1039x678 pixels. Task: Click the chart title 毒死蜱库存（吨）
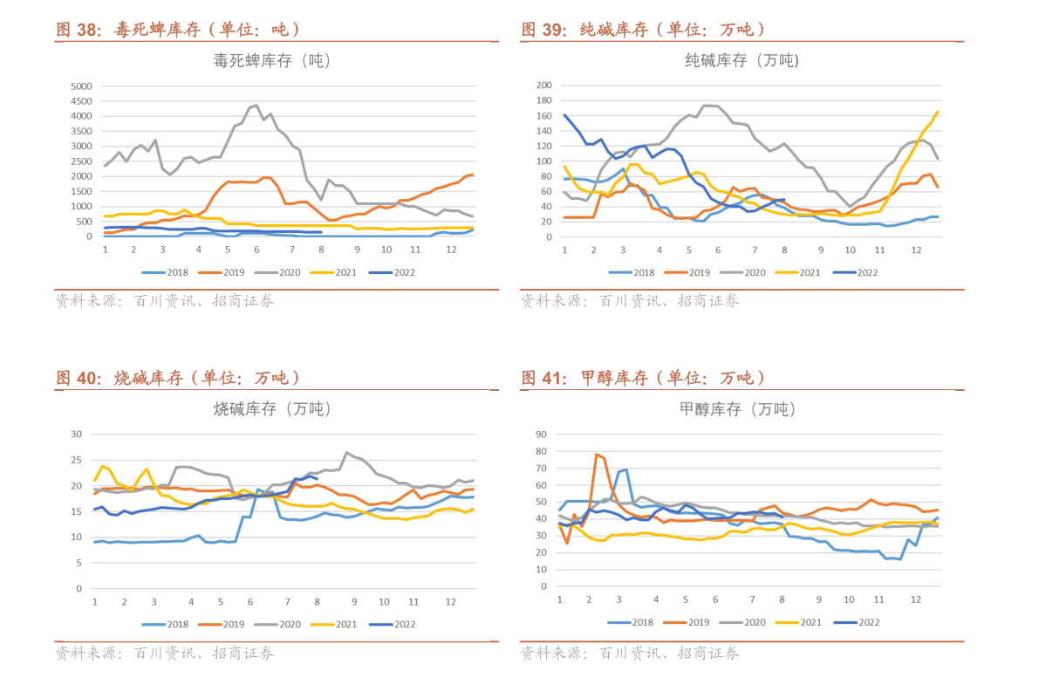pyautogui.click(x=272, y=61)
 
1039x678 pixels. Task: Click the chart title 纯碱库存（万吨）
pyautogui.click(x=742, y=60)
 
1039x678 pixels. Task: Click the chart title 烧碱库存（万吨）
pyautogui.click(x=272, y=408)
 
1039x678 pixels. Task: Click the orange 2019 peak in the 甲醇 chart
pyautogui.click(x=597, y=454)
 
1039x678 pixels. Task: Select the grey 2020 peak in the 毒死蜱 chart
pyautogui.click(x=256, y=105)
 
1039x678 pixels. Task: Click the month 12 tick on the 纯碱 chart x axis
pyautogui.click(x=916, y=250)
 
